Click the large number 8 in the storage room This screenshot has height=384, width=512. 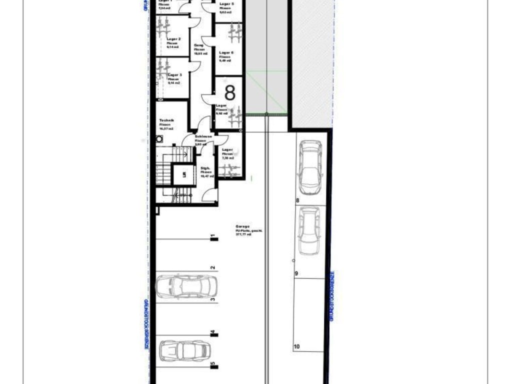229,93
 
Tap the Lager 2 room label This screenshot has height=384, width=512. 174,38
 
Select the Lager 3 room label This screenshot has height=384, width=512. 174,75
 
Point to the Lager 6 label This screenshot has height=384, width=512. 226,52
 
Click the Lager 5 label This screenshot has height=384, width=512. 226,4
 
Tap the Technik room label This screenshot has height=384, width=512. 166,120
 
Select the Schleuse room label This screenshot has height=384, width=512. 203,136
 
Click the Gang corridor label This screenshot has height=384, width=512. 199,45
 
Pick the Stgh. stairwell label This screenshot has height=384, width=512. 205,168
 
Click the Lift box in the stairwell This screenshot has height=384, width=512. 184,174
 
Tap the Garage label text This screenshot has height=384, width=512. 243,226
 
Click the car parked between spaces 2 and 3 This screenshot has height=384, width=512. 186,286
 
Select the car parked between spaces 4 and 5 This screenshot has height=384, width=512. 184,350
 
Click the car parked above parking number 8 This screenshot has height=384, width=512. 309,167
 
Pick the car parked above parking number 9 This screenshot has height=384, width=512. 308,230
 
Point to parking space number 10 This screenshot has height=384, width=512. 296,346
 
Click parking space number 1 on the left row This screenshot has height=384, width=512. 213,236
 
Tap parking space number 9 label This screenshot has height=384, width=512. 296,273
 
